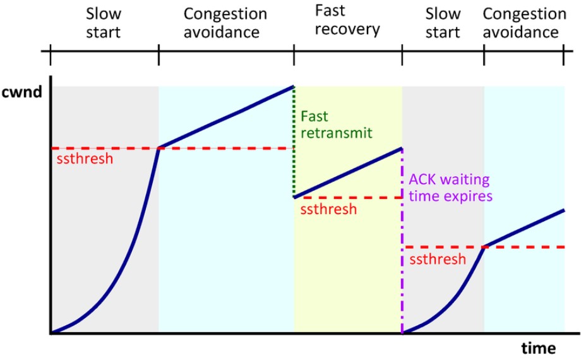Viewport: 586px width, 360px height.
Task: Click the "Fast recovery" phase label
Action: tap(347, 21)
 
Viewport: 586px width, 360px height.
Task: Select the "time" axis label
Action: tap(538, 348)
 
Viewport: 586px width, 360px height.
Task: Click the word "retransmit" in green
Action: tap(337, 133)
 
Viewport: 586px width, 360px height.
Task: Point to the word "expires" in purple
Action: tap(467, 196)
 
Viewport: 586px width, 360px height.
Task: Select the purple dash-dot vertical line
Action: tap(402, 265)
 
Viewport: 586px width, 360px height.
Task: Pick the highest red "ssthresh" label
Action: tap(85, 159)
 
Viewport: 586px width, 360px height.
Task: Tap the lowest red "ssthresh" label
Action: tap(438, 258)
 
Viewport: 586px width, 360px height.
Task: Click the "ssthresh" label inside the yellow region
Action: tap(329, 209)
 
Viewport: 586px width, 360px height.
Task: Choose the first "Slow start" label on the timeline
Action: tap(104, 22)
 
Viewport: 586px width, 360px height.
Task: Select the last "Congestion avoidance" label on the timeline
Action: tap(524, 22)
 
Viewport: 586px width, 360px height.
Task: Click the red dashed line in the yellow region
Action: tap(347, 198)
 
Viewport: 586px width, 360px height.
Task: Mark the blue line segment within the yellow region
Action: tap(347, 173)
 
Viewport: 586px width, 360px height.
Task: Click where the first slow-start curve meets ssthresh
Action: tap(158, 148)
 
